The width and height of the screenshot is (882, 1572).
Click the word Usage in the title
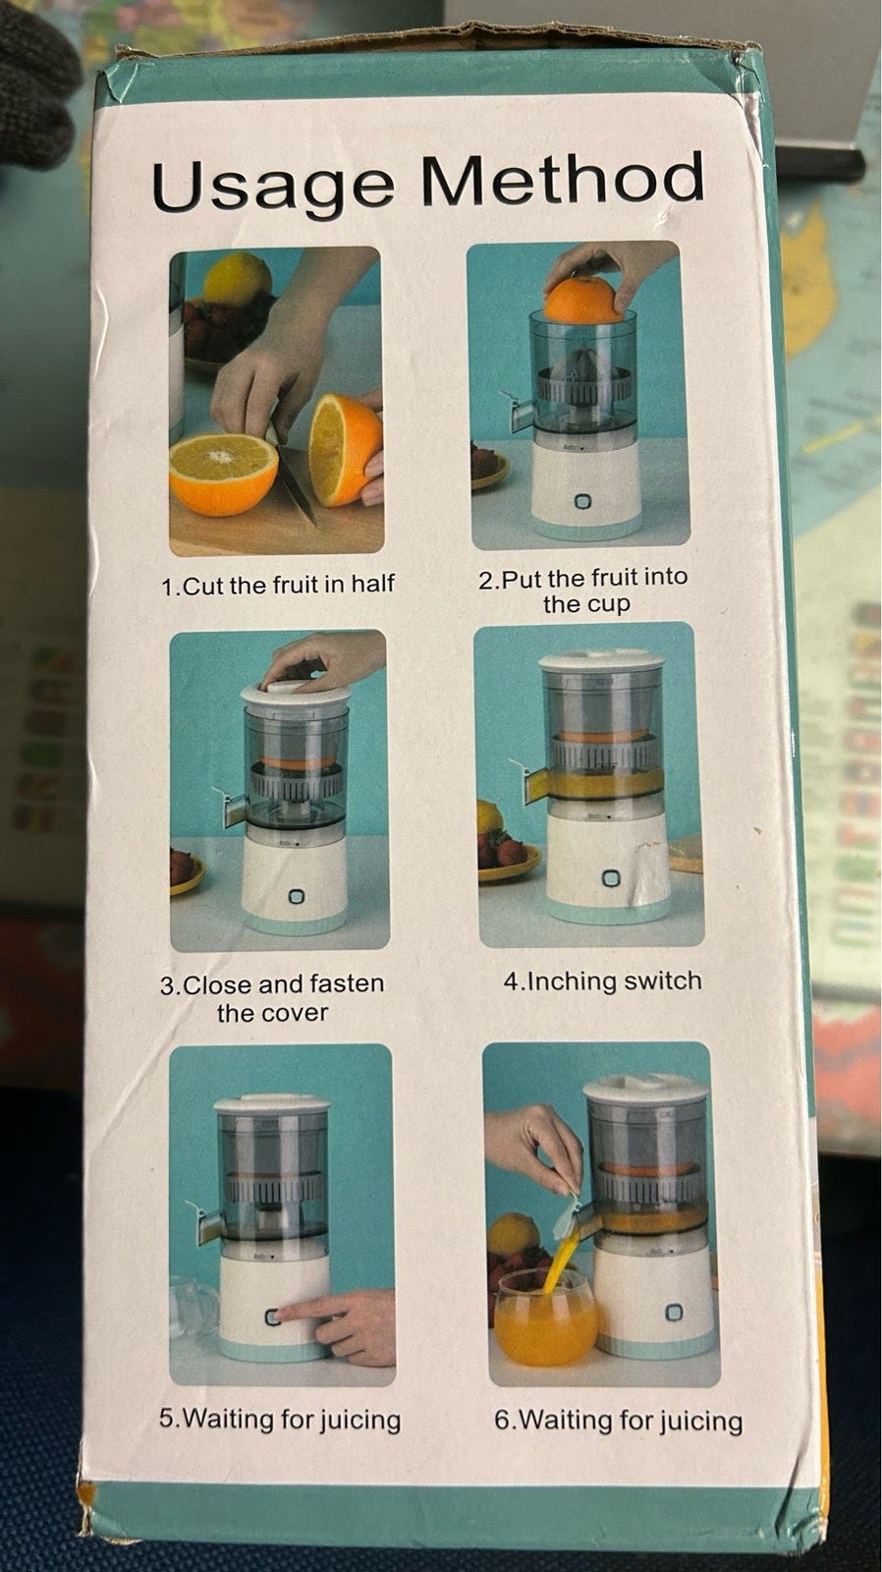coord(272,185)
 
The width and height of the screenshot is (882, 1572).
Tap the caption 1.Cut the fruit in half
coord(278,584)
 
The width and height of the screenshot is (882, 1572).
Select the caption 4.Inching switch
coord(603,981)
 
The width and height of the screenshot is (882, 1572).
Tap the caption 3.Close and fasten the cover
coord(272,998)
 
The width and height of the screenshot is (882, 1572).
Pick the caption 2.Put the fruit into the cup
coord(583,590)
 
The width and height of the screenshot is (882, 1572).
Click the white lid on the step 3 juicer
coord(296,692)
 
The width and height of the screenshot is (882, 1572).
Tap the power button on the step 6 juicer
coord(674,1312)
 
